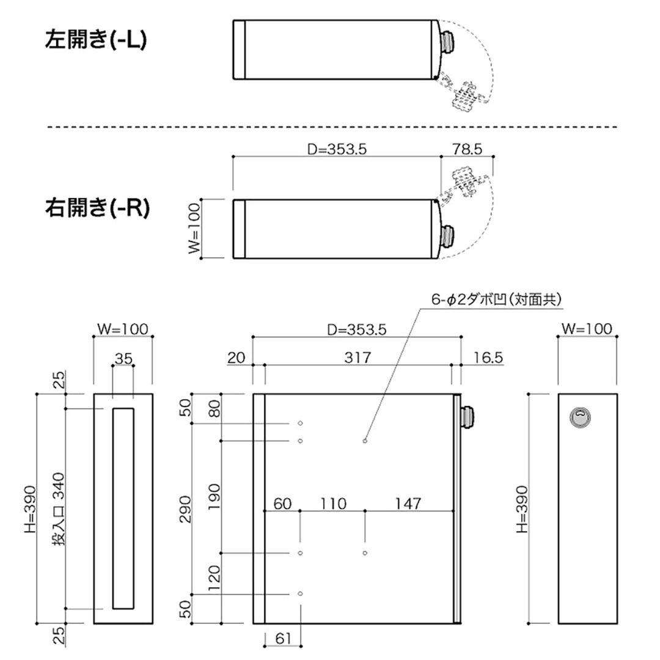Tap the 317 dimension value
coord(358,358)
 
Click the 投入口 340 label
coord(57,510)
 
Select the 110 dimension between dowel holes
coord(332,504)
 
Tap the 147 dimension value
coord(408,504)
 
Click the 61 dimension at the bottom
coord(282,639)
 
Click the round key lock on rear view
coord(580,417)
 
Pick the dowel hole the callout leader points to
coord(365,441)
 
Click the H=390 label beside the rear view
coord(521,508)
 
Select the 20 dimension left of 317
coord(236,358)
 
